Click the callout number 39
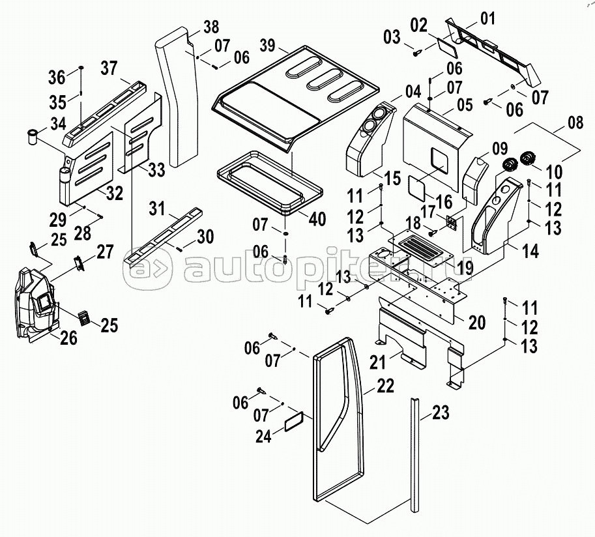266,46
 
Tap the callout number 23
441,413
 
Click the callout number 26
68,338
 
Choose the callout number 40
317,219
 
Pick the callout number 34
59,123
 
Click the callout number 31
157,209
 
